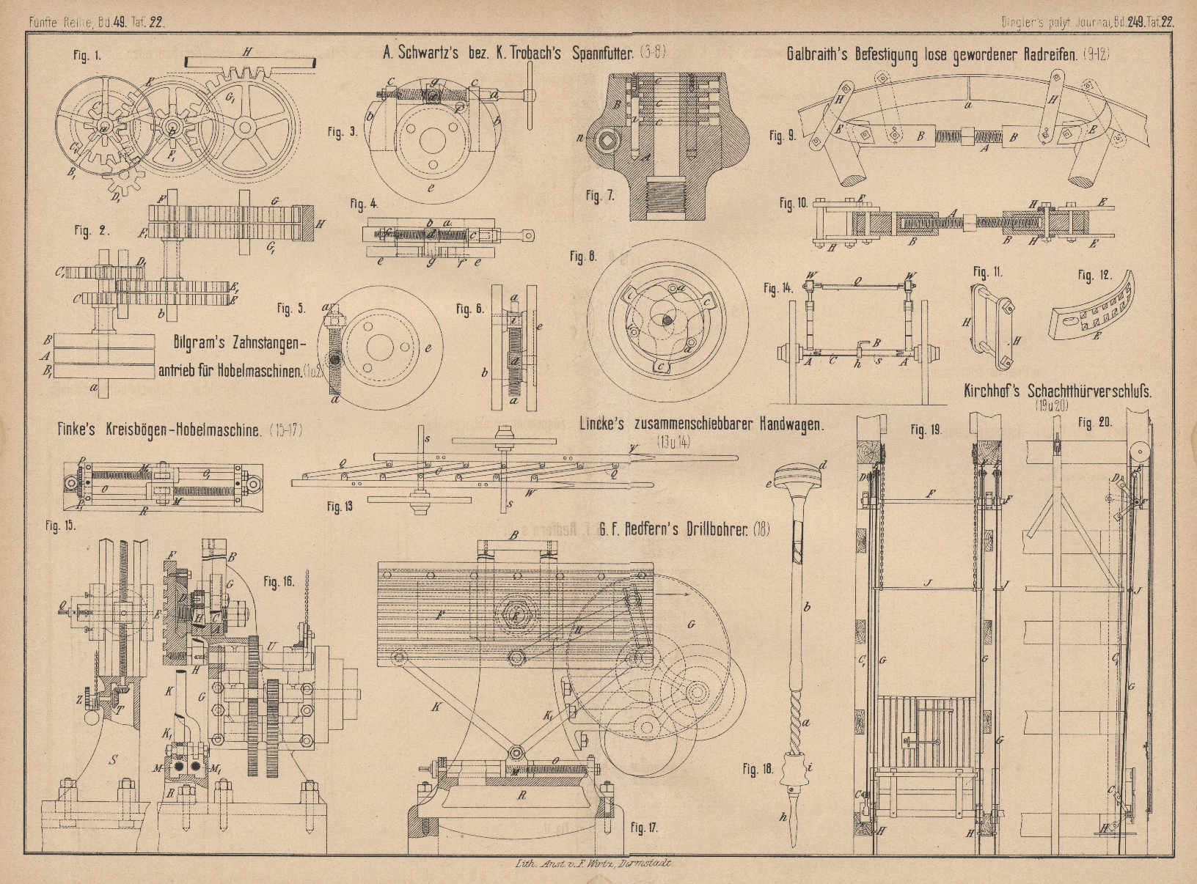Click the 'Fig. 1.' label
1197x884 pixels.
coord(87,56)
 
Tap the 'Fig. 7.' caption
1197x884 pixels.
coord(600,196)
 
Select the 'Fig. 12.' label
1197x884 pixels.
coord(1095,276)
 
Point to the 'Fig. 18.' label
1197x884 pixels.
coord(758,770)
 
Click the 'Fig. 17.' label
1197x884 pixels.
coord(644,828)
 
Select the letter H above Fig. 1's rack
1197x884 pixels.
coord(247,51)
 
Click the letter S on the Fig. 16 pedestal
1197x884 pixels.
coord(113,760)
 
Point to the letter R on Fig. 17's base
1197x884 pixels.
coord(521,796)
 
